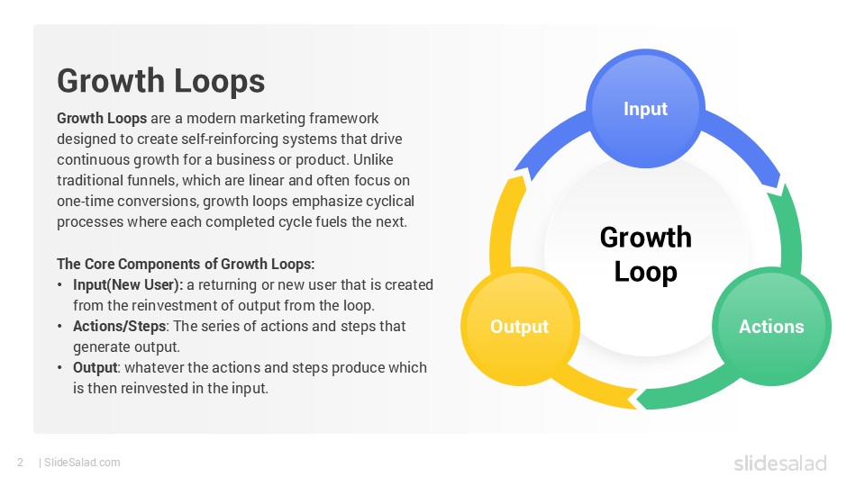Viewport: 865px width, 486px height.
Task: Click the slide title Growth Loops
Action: point(160,81)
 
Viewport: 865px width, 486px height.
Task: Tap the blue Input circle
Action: point(645,109)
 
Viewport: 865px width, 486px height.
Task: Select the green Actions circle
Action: point(770,327)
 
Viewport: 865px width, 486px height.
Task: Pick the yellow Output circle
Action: point(519,327)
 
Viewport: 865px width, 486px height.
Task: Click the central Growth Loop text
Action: point(645,254)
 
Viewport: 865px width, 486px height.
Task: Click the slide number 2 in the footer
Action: point(19,463)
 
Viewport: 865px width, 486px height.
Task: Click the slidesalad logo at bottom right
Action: point(779,463)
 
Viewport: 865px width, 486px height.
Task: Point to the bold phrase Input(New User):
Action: point(128,284)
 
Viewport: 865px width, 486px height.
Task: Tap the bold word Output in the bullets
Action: point(96,367)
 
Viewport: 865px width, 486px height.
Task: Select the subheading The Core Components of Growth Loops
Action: point(186,264)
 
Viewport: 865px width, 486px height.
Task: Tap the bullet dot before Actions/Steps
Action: point(61,326)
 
